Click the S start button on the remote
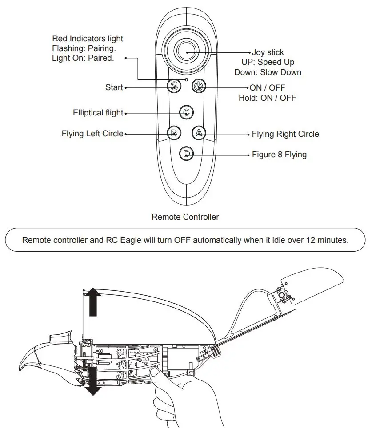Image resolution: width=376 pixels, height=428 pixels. pyautogui.click(x=174, y=86)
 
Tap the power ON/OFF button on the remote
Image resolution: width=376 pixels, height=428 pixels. pyautogui.click(x=199, y=86)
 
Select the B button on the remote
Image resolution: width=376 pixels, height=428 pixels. pyautogui.click(x=174, y=132)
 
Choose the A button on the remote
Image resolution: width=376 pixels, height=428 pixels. pyautogui.click(x=199, y=132)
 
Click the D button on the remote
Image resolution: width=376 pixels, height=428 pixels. pyautogui.click(x=187, y=154)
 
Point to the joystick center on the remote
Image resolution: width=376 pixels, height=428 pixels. pyautogui.click(x=187, y=52)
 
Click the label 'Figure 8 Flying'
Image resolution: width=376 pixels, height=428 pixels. pyautogui.click(x=279, y=155)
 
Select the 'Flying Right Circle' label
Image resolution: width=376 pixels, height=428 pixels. pyautogui.click(x=285, y=134)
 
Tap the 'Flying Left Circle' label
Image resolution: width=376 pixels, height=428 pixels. pyautogui.click(x=92, y=134)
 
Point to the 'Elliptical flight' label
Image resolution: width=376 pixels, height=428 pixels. pyautogui.click(x=98, y=113)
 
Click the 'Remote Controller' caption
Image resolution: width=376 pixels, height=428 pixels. pyautogui.click(x=185, y=217)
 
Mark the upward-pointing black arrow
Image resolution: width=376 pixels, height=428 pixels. pyautogui.click(x=93, y=301)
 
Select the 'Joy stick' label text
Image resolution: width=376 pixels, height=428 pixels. pyautogui.click(x=268, y=53)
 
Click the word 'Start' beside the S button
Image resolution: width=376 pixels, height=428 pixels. pyautogui.click(x=114, y=87)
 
